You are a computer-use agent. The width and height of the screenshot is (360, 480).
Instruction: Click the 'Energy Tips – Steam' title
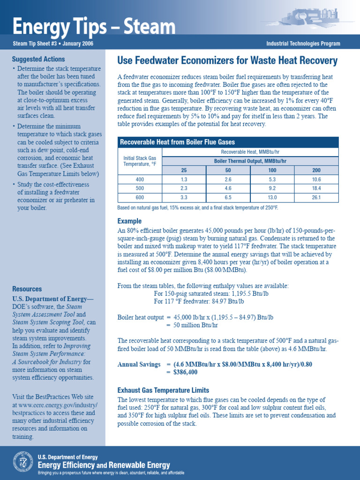[x=94, y=27]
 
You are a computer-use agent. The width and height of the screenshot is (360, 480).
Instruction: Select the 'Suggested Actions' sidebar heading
[x=38, y=60]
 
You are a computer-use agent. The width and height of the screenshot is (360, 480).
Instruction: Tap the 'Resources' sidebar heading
[x=27, y=289]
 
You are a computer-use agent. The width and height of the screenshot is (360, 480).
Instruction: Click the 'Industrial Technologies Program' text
[x=303, y=44]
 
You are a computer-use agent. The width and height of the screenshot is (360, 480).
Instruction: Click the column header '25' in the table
[x=183, y=170]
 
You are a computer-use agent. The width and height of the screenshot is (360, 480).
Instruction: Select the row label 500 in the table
[x=140, y=188]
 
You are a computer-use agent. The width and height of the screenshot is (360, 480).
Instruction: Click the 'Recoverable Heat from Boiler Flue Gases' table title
[x=178, y=142]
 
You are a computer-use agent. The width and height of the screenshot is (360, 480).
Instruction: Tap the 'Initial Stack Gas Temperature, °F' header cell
[x=140, y=161]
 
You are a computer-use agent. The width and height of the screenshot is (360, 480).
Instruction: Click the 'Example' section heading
[x=129, y=221]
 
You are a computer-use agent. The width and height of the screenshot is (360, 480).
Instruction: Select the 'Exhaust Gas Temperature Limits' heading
[x=163, y=390]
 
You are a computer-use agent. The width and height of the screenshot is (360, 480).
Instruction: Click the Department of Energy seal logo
[x=22, y=462]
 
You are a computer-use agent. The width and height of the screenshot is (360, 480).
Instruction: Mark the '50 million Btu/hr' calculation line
[x=192, y=325]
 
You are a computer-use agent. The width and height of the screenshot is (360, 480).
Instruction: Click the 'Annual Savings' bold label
[x=138, y=364]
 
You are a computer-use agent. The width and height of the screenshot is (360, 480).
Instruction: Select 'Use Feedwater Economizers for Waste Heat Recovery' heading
[x=227, y=60]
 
